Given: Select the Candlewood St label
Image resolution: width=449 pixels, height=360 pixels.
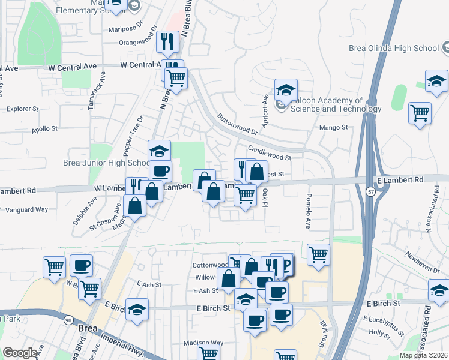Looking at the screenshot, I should [270, 153].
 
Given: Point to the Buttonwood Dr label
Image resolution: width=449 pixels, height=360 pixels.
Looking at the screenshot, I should [237, 124].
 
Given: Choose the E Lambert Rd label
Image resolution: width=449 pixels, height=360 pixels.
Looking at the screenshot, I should [400, 179].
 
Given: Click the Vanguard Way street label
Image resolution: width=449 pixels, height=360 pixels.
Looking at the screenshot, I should [26, 209].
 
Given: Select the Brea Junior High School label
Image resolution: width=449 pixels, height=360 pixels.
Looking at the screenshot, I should [106, 163].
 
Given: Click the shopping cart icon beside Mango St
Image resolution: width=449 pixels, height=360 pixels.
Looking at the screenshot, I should [420, 112].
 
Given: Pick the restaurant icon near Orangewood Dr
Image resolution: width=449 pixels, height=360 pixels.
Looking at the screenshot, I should [167, 41].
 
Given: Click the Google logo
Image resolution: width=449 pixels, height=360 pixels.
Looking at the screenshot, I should [20, 353].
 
